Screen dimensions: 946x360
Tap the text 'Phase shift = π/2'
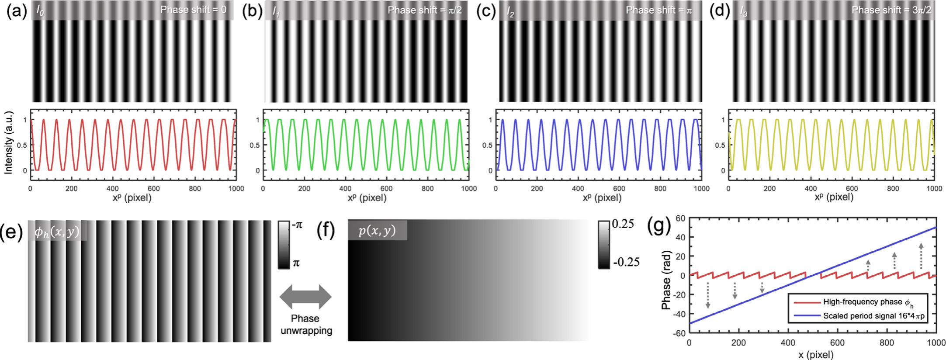coord(424,10)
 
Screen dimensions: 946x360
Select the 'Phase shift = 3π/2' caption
coord(891,10)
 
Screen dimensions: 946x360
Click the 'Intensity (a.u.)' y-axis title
coord(8,143)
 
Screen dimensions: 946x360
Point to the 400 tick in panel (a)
coord(112,188)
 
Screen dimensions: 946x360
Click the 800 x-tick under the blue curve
coord(660,188)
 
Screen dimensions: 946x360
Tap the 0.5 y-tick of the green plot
coord(254,145)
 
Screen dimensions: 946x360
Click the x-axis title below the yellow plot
coord(834,197)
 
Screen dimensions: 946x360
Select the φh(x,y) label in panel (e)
coord(57,231)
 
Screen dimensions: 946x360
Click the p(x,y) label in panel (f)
coord(377,230)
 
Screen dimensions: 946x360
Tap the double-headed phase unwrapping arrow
coord(305,297)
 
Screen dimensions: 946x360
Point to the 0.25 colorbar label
coord(623,224)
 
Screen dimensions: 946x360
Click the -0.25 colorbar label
coord(626,262)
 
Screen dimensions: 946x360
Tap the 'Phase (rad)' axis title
coord(666,280)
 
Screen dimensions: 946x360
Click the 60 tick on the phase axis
coord(680,218)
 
